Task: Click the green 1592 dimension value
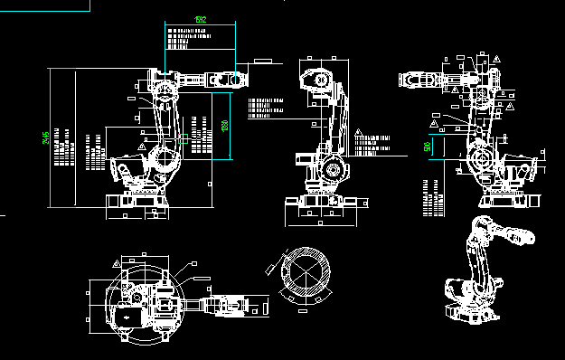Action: pos(200,19)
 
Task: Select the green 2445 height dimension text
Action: pos(46,137)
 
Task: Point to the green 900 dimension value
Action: pos(427,147)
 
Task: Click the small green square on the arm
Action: pos(185,138)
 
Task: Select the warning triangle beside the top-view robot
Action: pos(117,262)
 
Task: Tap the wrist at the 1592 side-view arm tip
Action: pos(236,79)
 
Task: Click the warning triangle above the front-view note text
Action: pos(358,133)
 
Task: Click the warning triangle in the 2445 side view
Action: pos(140,145)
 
